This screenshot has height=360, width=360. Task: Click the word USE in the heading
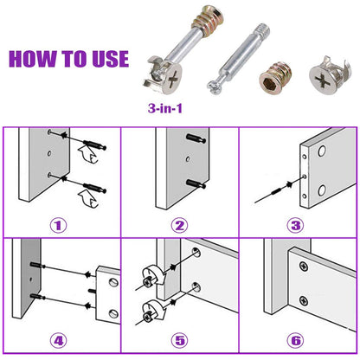point(110,59)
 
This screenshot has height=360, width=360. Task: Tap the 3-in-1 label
point(165,108)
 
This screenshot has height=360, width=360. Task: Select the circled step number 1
point(59,225)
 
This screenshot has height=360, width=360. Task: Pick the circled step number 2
point(179,225)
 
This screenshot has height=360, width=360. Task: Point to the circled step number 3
point(296,225)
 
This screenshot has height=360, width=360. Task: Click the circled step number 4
point(59,341)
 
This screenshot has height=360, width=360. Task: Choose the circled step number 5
point(180,341)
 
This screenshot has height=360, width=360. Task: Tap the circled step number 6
point(296,341)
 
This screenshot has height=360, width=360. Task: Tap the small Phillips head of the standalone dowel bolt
point(215,87)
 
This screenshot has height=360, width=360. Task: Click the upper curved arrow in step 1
point(87,155)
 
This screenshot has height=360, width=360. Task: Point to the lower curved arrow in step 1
point(88,198)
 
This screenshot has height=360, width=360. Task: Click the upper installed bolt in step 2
point(196,138)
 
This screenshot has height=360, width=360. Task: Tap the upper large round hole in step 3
point(322,151)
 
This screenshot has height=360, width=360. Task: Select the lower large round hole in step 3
point(322,190)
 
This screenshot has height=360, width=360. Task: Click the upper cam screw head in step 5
point(149,280)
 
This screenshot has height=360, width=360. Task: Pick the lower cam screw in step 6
point(303,301)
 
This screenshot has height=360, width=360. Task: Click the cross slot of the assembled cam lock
point(172,79)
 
